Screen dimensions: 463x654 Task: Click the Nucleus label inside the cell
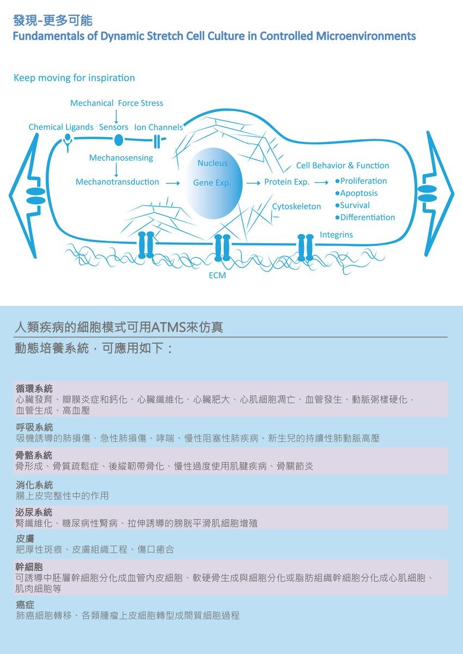[212, 163]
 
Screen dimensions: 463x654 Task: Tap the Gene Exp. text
[212, 183]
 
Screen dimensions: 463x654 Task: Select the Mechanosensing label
[121, 158]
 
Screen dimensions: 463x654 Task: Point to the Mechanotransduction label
[117, 182]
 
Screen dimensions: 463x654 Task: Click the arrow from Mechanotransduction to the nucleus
[173, 183]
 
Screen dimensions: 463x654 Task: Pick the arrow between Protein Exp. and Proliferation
[321, 183]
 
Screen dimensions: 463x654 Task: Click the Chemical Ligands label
[61, 127]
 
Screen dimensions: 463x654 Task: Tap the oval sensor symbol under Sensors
[118, 140]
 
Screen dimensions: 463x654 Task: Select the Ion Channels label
[159, 127]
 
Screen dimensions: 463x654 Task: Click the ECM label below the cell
[217, 275]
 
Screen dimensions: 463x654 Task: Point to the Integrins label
[336, 235]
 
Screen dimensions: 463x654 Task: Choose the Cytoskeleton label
[296, 206]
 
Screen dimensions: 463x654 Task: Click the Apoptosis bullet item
[357, 193]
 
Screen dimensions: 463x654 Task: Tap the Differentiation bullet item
[365, 218]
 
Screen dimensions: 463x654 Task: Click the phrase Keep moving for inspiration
[74, 78]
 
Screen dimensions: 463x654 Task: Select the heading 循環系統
[34, 388]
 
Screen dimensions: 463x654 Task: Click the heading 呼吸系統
[34, 428]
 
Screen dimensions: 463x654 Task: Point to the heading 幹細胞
[29, 567]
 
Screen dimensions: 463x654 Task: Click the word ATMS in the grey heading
[169, 328]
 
